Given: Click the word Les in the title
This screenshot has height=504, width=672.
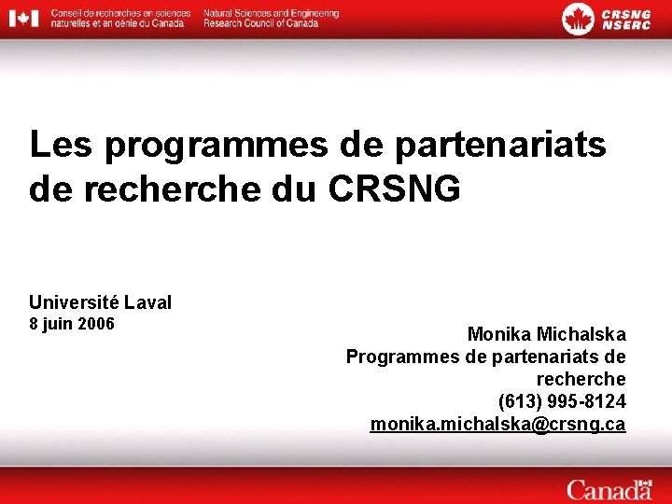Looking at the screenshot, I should pyautogui.click(x=62, y=145).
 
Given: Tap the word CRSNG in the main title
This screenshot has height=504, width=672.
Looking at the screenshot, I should pyautogui.click(x=395, y=188).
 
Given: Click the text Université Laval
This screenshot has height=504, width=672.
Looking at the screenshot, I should pyautogui.click(x=100, y=302).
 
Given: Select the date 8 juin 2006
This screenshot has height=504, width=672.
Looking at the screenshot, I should pyautogui.click(x=72, y=325).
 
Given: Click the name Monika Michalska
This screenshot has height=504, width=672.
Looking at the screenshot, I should pyautogui.click(x=546, y=334).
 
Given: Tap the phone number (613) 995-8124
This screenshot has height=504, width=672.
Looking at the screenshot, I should pyautogui.click(x=562, y=401).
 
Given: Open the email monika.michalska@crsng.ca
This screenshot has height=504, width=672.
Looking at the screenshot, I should pyautogui.click(x=497, y=425).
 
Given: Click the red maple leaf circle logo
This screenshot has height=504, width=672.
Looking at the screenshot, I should pyautogui.click(x=578, y=18).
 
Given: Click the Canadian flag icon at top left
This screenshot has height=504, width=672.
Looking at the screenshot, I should pyautogui.click(x=23, y=18).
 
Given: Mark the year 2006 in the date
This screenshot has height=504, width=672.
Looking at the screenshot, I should pyautogui.click(x=96, y=325).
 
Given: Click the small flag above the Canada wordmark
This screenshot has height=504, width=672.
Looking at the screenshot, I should pyautogui.click(x=644, y=479).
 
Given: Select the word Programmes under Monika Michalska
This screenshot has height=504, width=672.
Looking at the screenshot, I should pyautogui.click(x=402, y=357).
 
